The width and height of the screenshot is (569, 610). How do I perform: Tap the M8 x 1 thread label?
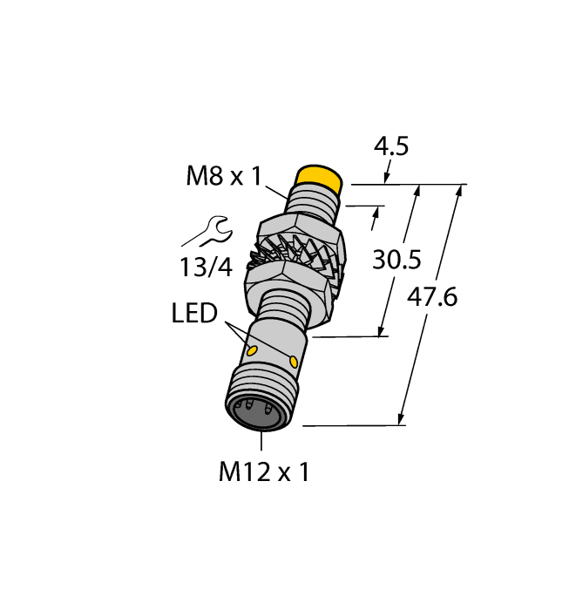(224, 177)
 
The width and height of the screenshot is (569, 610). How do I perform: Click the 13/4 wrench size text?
(207, 268)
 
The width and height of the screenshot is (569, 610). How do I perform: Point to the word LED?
(193, 313)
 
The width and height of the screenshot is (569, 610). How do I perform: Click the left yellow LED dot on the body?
(253, 351)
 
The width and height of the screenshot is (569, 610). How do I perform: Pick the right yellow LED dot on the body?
(294, 362)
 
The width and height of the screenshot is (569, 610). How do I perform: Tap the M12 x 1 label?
(264, 472)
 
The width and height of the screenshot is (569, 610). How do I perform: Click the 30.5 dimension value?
(396, 259)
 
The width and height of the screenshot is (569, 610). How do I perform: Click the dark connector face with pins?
(254, 414)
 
